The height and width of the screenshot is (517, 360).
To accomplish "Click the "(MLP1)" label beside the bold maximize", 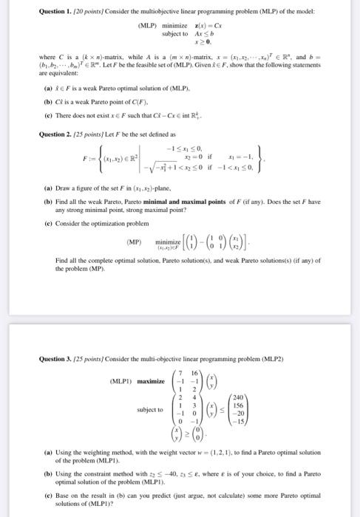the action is click(x=123, y=381).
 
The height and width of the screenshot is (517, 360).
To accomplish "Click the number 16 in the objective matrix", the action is click(x=195, y=371).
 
